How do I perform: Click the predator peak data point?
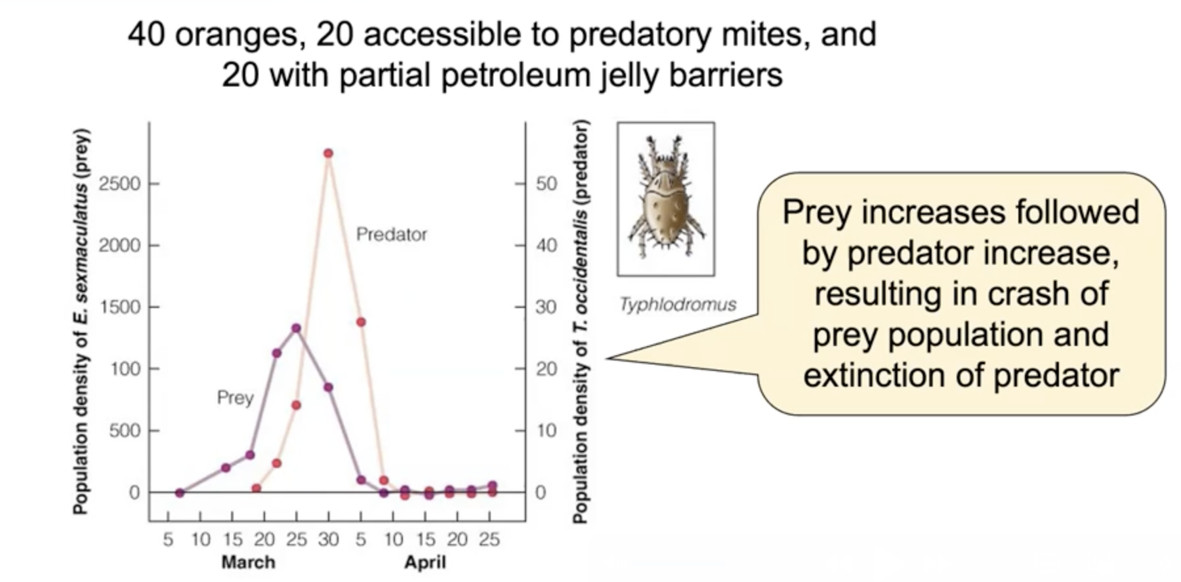(328, 153)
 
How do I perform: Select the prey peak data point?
(296, 328)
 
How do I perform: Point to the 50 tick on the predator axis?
(546, 184)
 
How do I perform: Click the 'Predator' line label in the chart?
(391, 234)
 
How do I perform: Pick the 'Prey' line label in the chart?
(235, 398)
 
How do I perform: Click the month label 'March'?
(248, 562)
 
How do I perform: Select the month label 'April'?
(425, 562)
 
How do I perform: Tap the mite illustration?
(665, 198)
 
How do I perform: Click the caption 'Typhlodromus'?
(678, 305)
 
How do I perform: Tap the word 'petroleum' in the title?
(505, 75)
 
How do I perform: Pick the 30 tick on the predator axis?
(546, 307)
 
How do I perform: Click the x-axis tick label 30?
(328, 539)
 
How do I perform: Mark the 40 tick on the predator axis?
(546, 245)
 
